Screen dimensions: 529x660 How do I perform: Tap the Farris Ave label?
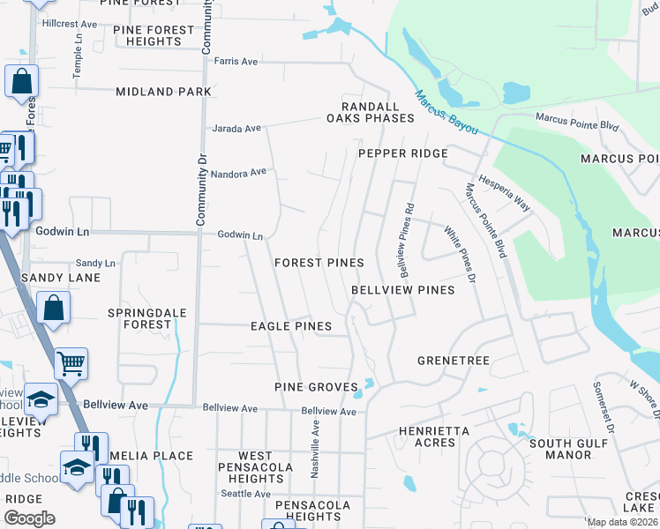click(236, 62)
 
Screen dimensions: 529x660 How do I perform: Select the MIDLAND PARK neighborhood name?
click(163, 92)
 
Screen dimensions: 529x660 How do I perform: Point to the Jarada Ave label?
click(236, 129)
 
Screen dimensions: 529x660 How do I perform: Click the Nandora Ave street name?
click(238, 173)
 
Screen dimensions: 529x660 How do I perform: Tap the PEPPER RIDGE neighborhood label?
click(402, 153)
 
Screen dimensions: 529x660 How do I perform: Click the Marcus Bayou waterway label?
click(446, 112)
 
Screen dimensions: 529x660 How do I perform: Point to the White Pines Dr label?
click(460, 255)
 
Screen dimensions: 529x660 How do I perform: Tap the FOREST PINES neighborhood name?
click(319, 263)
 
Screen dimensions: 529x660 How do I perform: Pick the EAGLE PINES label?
click(290, 326)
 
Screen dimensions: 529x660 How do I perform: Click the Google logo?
click(29, 518)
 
